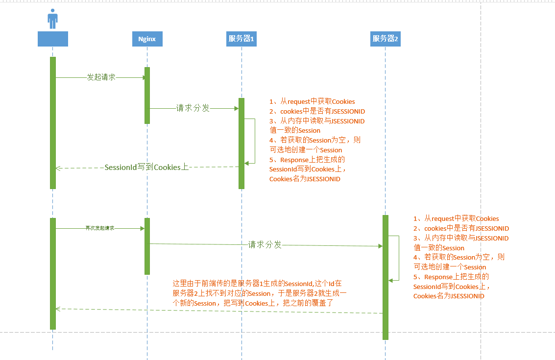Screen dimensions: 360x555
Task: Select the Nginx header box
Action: coord(147,39)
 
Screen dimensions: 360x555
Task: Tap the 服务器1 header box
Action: coord(241,39)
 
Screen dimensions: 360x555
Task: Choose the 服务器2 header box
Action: coord(386,39)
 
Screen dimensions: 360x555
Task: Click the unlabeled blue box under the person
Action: coord(52,39)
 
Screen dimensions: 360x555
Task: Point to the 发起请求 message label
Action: coord(101,77)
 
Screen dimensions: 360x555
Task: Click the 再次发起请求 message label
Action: coord(100,228)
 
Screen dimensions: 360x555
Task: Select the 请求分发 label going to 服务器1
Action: coord(193,108)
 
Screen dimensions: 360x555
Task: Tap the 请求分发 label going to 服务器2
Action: coord(265,244)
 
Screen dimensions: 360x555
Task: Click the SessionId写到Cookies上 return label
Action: coord(147,168)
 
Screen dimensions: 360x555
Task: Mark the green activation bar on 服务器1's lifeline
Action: coord(241,143)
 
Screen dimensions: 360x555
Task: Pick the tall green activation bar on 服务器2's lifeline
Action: coord(386,277)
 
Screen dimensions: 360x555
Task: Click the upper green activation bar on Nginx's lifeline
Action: coord(147,95)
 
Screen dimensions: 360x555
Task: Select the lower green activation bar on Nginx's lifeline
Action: coord(147,246)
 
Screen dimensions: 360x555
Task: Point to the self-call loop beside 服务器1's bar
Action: coord(254,141)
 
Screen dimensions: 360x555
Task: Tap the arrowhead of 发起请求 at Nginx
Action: coord(145,77)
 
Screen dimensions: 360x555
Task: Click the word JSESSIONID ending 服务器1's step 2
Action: coord(348,112)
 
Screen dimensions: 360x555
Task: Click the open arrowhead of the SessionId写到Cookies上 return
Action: coord(58,168)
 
